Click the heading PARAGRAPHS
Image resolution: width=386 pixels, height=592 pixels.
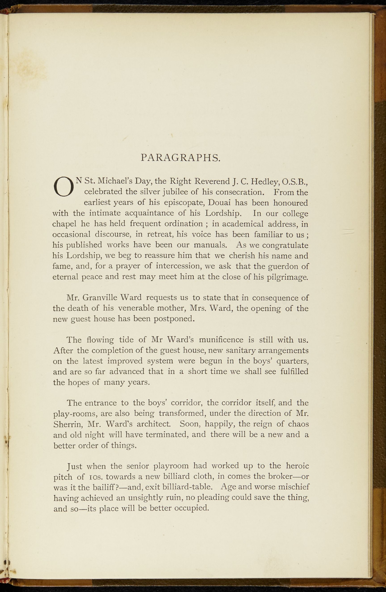coord(181,158)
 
